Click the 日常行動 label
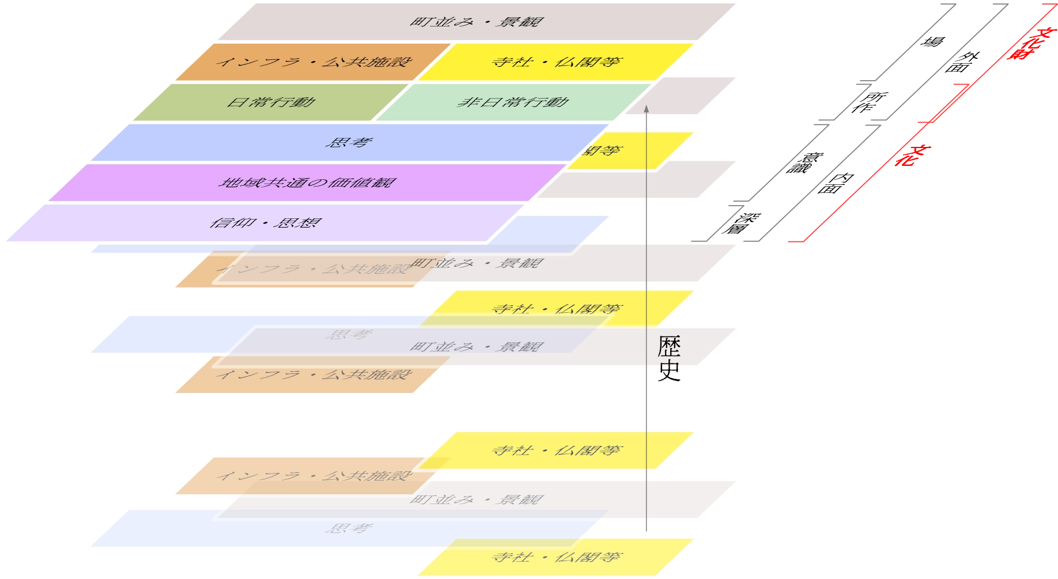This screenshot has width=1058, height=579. point(271,103)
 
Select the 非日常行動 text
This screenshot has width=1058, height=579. point(513,103)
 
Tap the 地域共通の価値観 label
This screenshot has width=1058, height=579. point(307,183)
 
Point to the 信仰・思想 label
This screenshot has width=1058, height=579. point(266,223)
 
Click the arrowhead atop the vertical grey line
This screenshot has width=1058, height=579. point(647,109)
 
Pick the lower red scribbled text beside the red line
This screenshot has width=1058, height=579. point(910,156)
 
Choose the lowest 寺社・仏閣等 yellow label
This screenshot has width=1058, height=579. point(556,557)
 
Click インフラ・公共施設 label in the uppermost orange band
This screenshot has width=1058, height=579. point(314,62)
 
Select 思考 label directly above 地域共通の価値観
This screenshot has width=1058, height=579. point(349,142)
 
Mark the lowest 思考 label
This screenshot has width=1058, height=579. point(349,528)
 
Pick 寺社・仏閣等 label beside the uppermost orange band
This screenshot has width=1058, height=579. point(556,62)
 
